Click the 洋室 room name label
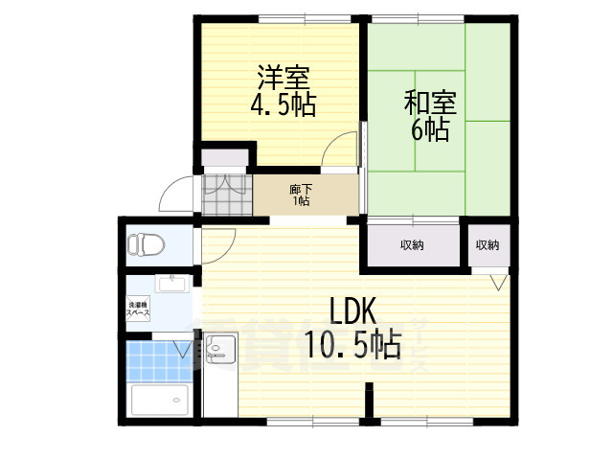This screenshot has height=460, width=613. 284,76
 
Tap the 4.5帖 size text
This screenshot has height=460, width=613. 284,103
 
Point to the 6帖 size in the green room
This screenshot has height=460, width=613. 430,129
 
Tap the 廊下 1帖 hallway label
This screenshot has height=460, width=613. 300,195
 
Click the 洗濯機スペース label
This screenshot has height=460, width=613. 139,309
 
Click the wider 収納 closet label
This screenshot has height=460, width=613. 413,246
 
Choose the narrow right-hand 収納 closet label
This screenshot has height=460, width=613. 487,246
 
